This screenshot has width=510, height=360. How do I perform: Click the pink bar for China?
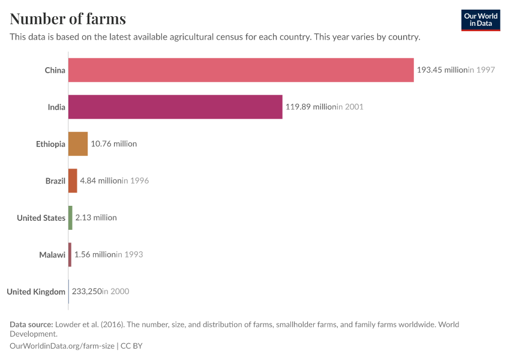241,70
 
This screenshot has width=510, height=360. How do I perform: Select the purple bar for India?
175,107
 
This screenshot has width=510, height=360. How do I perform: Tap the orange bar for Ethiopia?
78,144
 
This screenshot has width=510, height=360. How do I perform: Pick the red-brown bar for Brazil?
73,181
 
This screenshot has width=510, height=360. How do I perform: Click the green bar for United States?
70,218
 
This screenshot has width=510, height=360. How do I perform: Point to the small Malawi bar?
70,254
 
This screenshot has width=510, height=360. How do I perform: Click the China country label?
55,70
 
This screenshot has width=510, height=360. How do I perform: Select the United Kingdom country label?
36,292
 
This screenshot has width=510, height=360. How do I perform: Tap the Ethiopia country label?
50,144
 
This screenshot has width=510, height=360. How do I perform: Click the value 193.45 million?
442,70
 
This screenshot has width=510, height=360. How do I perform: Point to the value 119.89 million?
310,107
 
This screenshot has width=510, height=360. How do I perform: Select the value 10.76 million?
113,144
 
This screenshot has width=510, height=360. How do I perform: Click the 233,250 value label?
86,292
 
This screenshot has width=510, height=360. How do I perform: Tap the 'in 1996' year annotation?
135,181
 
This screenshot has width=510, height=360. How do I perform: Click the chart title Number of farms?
68,18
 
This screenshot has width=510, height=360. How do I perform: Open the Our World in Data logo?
480,20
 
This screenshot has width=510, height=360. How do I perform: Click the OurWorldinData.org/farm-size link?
63,346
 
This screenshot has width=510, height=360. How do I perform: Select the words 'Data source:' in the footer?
32,325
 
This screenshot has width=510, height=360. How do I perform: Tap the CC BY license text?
132,346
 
